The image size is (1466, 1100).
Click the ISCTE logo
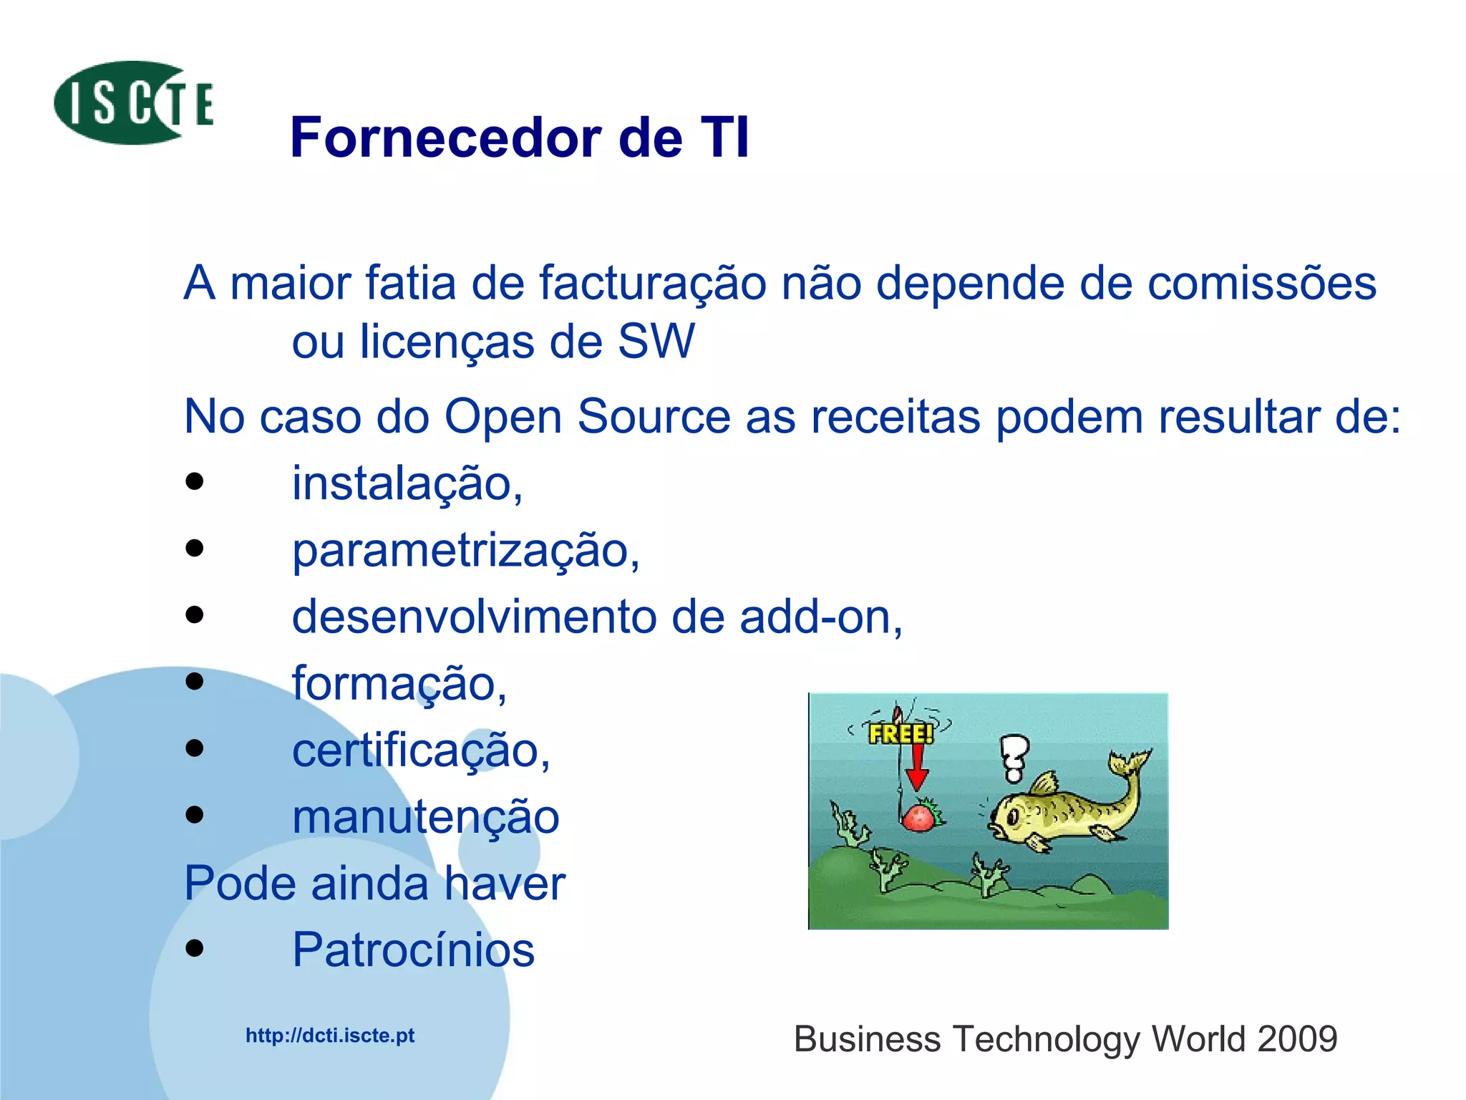(133, 103)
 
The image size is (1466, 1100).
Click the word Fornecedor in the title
(446, 137)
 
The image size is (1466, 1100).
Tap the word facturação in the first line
(652, 283)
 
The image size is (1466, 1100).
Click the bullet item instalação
(407, 483)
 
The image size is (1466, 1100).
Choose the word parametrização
(465, 550)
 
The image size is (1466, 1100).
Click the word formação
(399, 683)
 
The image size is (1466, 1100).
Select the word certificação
(420, 750)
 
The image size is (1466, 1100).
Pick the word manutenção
(425, 816)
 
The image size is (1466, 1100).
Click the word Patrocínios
(413, 950)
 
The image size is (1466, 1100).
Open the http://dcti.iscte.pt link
(330, 1036)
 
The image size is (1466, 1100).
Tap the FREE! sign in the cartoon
(901, 733)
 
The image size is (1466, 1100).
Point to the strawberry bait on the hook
(921, 816)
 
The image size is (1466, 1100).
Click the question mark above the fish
(1014, 758)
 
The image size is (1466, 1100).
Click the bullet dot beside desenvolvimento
(194, 615)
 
